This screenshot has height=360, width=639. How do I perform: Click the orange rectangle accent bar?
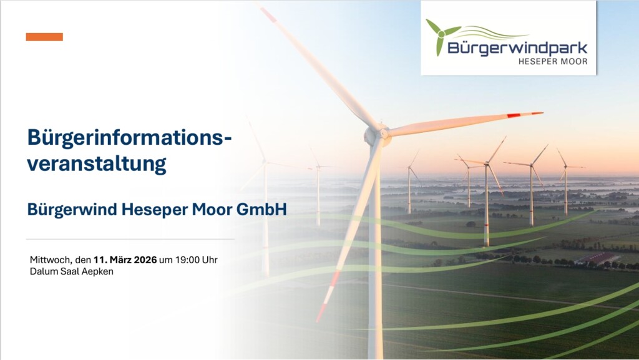[x=44, y=37]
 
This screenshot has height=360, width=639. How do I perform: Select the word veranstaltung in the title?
[x=97, y=164]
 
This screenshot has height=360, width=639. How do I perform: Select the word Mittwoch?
[x=51, y=260]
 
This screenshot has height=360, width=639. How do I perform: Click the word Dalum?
[x=42, y=272]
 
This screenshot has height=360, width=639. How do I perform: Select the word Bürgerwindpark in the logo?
[x=517, y=48]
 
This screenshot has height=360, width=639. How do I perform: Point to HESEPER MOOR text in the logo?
[x=552, y=61]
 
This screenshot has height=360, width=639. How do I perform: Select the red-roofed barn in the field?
[x=598, y=258]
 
